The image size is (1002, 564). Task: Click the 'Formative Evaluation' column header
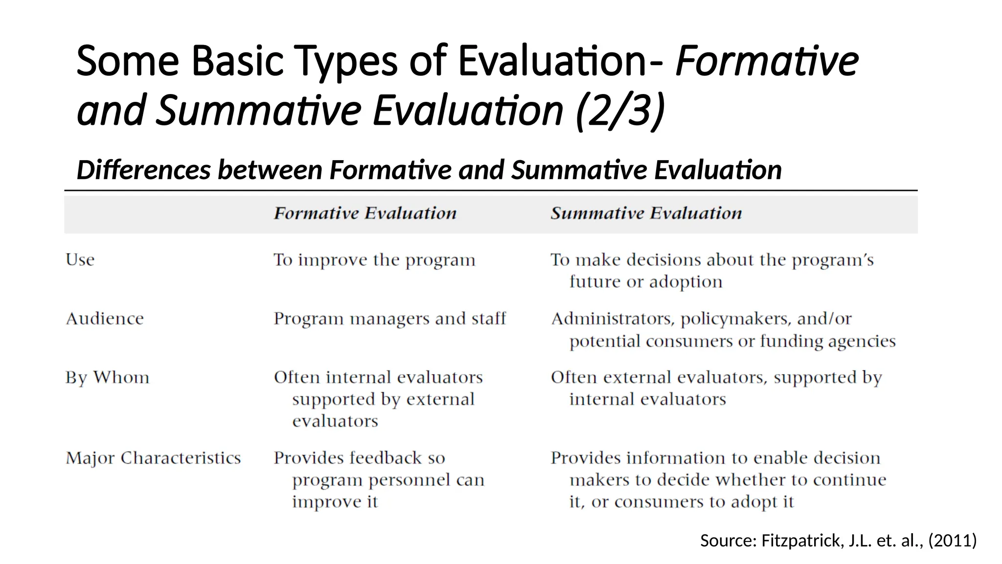[365, 213]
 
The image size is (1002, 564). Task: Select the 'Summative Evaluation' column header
[646, 213]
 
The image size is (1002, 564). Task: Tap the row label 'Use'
[80, 259]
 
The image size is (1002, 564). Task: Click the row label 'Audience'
[105, 319]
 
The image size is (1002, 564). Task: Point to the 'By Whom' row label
[107, 377]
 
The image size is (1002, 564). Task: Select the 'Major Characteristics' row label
[153, 458]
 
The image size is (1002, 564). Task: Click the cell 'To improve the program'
[374, 260]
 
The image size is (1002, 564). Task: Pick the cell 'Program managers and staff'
[389, 319]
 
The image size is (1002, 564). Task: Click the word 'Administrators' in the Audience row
[613, 319]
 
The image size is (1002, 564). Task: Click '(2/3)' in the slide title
[620, 111]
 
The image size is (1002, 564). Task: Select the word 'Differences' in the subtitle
[143, 170]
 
